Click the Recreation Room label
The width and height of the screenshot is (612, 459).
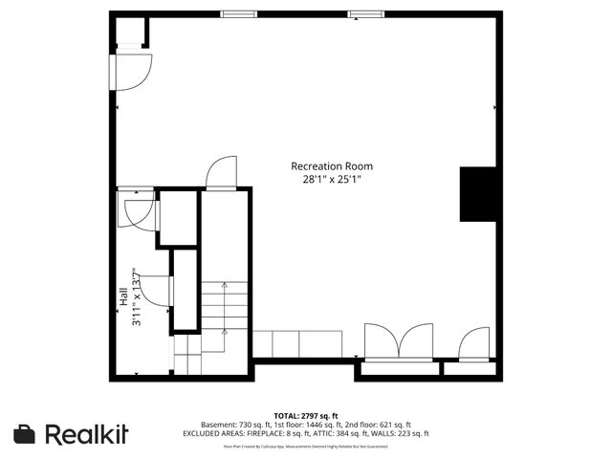pyautogui.click(x=332, y=165)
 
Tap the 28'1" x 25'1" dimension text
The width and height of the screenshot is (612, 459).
pyautogui.click(x=332, y=178)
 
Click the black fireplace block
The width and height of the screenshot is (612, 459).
pyautogui.click(x=478, y=194)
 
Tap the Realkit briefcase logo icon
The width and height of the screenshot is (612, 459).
pyautogui.click(x=26, y=434)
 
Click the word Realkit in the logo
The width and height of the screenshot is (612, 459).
pyautogui.click(x=87, y=434)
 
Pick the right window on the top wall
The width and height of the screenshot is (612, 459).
pyautogui.click(x=361, y=13)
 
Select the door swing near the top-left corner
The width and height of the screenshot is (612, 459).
pyautogui.click(x=132, y=70)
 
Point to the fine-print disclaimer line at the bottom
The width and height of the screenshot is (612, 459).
pyautogui.click(x=306, y=446)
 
